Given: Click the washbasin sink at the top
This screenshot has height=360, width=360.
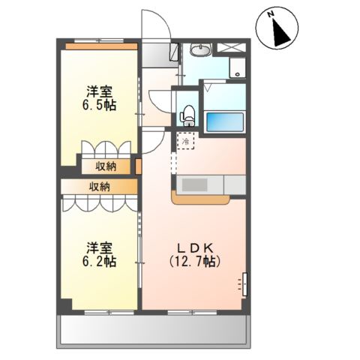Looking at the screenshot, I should pos(200,51).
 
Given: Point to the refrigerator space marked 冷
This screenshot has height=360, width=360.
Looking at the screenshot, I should pos(185,139).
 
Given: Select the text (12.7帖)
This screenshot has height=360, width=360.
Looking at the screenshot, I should pos(196,262).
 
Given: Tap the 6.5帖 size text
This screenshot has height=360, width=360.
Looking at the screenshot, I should pos(99,105).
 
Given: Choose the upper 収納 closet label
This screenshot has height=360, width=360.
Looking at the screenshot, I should pos(105,166).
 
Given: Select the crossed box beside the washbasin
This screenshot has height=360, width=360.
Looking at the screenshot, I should pos(231,48).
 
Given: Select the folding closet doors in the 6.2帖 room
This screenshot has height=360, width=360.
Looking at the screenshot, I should pos(100,203).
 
